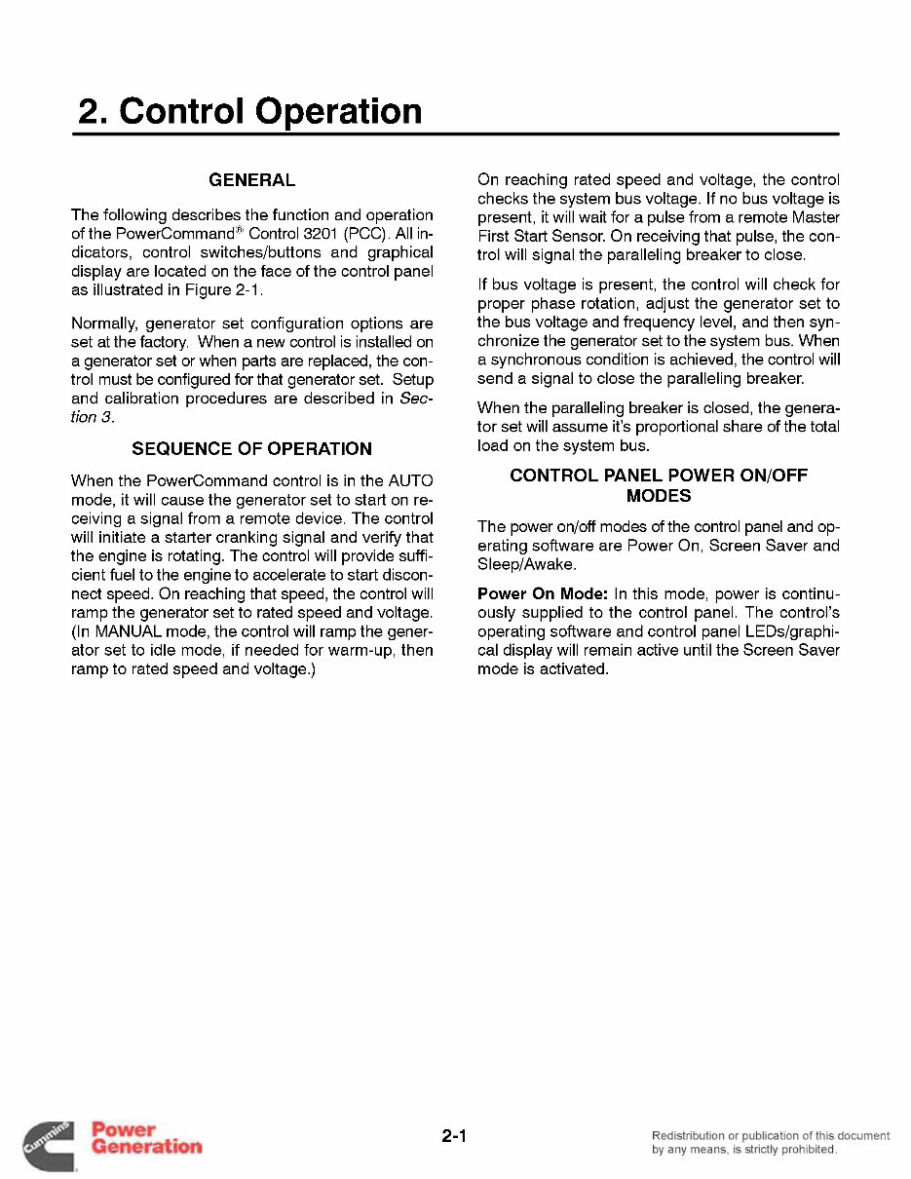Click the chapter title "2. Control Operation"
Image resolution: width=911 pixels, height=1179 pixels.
[x=250, y=111]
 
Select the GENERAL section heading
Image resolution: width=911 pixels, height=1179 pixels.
[x=251, y=180]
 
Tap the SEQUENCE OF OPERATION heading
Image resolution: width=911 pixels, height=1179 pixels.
[x=251, y=449]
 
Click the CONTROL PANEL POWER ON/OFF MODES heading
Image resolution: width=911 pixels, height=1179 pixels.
[x=659, y=485]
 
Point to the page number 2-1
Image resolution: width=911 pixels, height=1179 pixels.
[x=455, y=1135]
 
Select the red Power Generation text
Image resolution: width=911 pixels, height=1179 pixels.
[x=146, y=1138]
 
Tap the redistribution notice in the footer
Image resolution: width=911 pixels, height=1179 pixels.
[x=770, y=1142]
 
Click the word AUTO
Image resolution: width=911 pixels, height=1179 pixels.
[x=410, y=481]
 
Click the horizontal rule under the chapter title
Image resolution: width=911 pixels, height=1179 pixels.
[x=455, y=133]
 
